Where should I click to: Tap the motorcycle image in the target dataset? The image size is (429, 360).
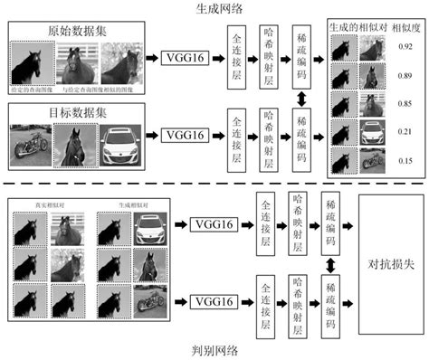pos(29,142)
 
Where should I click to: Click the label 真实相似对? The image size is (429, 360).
pos(39,204)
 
